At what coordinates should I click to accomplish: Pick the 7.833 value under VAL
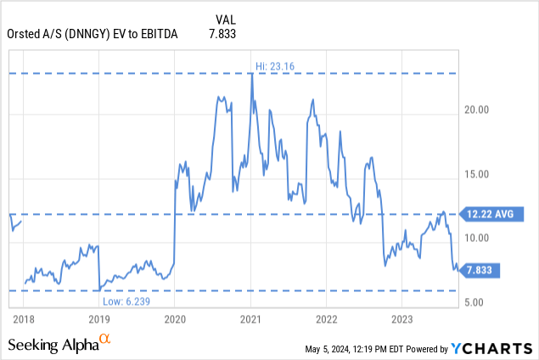point(222,33)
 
